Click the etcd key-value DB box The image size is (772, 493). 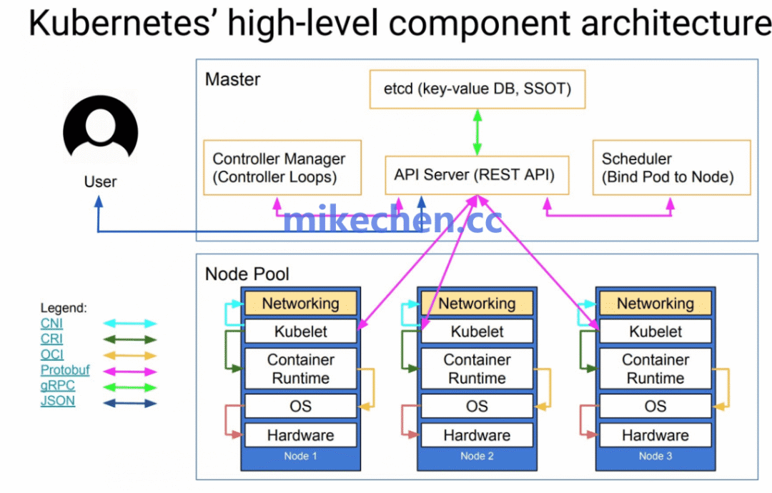(x=477, y=89)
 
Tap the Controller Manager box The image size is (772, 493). (x=282, y=168)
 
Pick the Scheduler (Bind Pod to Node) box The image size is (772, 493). (x=671, y=168)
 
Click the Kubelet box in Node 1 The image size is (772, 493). (x=300, y=332)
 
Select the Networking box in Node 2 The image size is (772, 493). (x=477, y=303)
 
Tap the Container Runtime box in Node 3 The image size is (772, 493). (x=655, y=369)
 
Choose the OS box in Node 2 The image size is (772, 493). (x=477, y=406)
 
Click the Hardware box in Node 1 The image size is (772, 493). (x=300, y=435)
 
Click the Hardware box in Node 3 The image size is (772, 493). (x=655, y=435)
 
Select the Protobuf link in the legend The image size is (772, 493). (x=65, y=370)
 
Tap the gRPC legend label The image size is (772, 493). (x=58, y=386)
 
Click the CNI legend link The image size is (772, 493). (x=51, y=324)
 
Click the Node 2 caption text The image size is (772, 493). (x=477, y=456)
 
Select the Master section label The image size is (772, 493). (x=232, y=79)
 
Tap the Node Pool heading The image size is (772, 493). (x=247, y=274)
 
